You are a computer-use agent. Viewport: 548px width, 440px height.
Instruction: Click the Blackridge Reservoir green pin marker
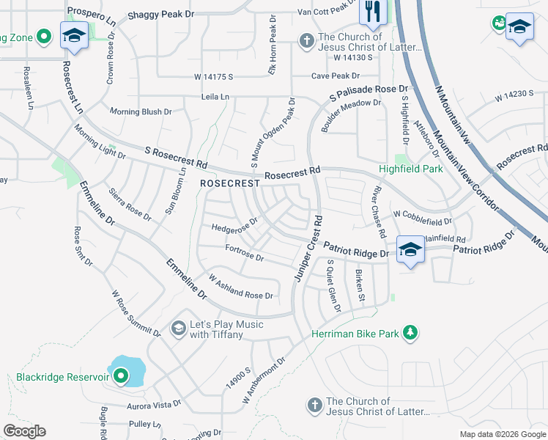pyautogui.click(x=120, y=378)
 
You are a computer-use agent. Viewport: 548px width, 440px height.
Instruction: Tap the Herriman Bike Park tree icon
pyautogui.click(x=411, y=334)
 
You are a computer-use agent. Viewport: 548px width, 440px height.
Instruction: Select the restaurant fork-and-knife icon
pyautogui.click(x=372, y=11)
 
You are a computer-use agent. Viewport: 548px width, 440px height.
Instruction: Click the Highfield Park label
pyautogui.click(x=411, y=169)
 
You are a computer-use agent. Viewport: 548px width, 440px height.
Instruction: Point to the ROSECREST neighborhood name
pyautogui.click(x=229, y=183)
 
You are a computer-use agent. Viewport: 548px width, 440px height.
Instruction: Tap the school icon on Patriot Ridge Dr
pyautogui.click(x=410, y=249)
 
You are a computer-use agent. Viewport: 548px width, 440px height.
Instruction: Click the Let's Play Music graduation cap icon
pyautogui.click(x=178, y=329)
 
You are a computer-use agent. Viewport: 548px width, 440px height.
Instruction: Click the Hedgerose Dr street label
pyautogui.click(x=234, y=224)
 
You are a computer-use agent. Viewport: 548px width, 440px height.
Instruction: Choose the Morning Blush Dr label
pyautogui.click(x=140, y=111)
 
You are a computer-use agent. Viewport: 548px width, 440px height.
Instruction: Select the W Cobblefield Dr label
pyautogui.click(x=423, y=218)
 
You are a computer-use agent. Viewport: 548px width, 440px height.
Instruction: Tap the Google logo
pyautogui.click(x=24, y=430)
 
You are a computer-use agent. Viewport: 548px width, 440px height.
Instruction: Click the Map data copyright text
pyautogui.click(x=502, y=434)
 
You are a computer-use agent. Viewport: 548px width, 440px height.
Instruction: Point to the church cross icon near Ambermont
pyautogui.click(x=314, y=406)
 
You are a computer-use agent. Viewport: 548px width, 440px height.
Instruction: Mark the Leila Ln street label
pyautogui.click(x=215, y=97)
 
